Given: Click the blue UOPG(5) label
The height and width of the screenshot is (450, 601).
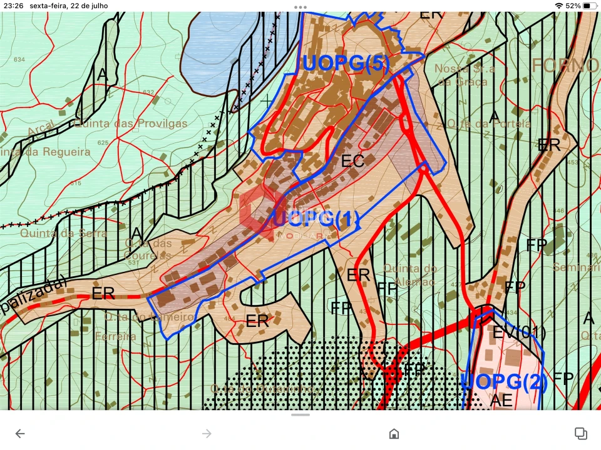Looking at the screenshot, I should point(346,64).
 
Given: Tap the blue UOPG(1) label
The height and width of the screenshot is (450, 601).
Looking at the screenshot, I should point(316,219).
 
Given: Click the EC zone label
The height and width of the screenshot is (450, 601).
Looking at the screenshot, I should point(352,161).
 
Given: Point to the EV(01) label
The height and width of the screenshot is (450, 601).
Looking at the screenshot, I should point(519,333).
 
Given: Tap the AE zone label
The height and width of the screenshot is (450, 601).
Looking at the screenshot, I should point(501,399).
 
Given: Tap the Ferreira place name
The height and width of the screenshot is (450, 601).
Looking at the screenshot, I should point(116,336).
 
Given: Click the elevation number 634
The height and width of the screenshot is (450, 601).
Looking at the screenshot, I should point(19,59).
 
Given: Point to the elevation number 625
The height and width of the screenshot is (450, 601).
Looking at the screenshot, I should point(103,142).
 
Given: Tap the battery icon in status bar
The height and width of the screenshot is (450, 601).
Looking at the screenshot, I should point(590,6).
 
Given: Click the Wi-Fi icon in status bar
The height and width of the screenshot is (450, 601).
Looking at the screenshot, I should point(558,6).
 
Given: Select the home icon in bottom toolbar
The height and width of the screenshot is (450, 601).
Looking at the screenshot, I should point(394,434).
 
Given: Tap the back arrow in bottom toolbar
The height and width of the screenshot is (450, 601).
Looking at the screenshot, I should point(20,434).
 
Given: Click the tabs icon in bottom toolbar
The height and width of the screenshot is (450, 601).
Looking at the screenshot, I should point(580,434).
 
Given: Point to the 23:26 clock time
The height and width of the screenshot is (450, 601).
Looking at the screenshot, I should point(13,6).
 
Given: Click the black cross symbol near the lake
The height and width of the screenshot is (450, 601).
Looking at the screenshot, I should point(268,99).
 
